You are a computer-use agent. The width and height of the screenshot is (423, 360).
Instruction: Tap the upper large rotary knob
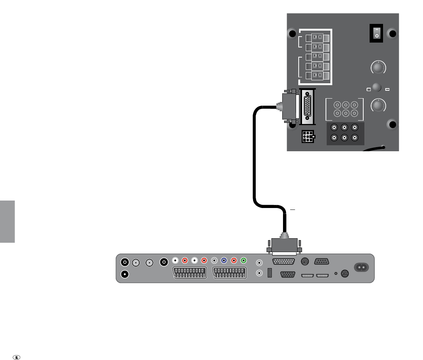pos(378,68)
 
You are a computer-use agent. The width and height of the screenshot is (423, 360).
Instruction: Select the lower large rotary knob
pos(378,105)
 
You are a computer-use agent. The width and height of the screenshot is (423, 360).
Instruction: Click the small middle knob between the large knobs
pos(376,87)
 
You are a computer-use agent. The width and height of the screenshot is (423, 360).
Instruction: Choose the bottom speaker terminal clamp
pos(317,75)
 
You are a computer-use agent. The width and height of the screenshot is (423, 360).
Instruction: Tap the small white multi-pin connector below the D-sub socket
pos(307,137)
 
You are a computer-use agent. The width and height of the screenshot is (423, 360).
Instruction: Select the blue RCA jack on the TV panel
pos(224,261)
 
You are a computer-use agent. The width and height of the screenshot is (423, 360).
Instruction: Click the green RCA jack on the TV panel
pos(243,261)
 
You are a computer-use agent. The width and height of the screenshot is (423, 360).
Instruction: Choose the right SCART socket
pos(229,273)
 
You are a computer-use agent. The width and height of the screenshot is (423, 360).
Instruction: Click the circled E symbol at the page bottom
pos(16,357)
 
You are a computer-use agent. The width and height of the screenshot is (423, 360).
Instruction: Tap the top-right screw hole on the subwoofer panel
pos(392,34)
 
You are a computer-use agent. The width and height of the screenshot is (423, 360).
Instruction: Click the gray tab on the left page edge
pos(7,221)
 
